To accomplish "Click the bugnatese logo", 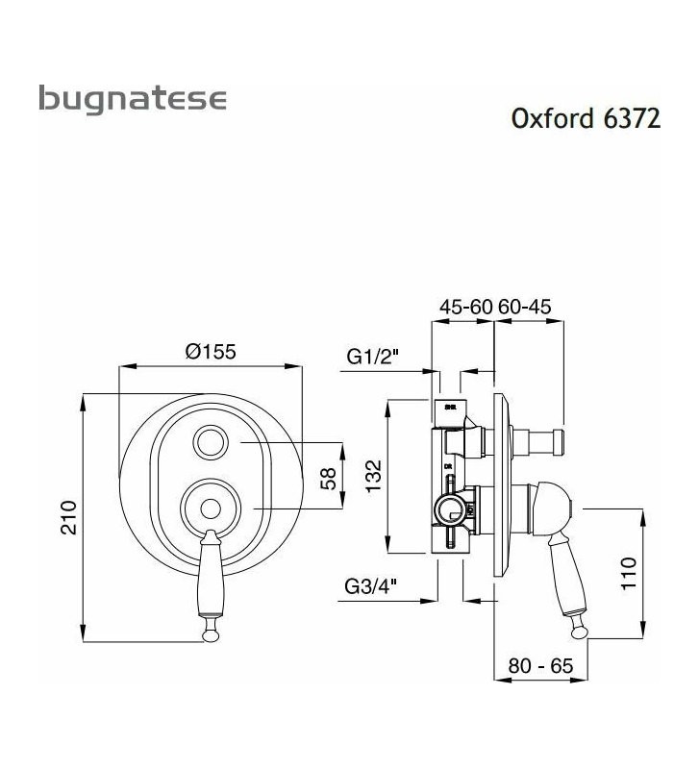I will point(132,99).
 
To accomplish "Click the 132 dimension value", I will point(374,476).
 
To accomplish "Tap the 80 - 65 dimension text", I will point(542,664).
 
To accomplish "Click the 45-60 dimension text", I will point(465,307).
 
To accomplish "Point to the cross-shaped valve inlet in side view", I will point(447,507).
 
